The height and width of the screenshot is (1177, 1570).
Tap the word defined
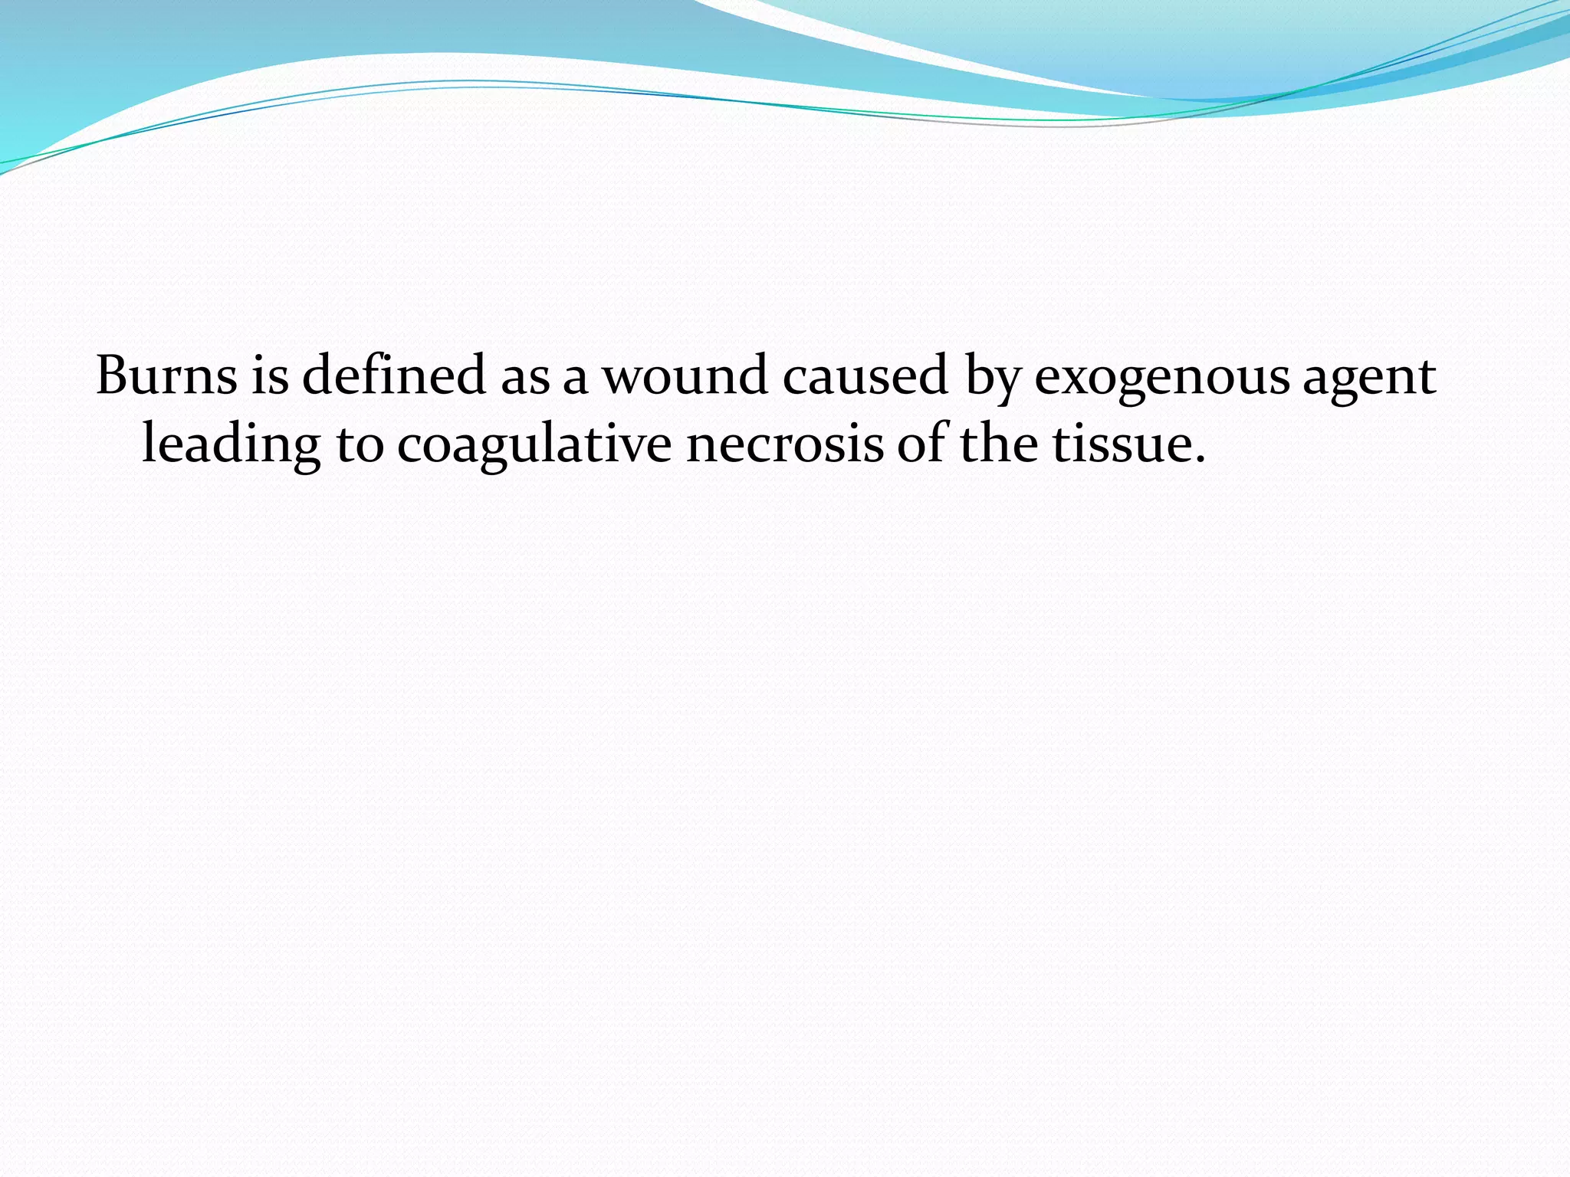(x=394, y=375)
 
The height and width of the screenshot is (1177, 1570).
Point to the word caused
(x=865, y=375)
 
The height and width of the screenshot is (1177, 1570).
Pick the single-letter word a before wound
(x=576, y=381)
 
